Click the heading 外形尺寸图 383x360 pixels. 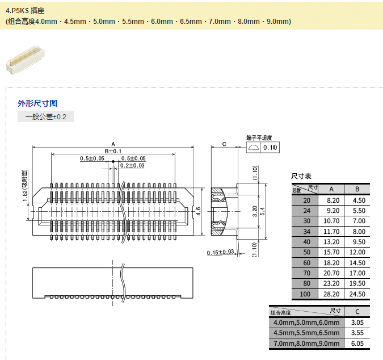point(37,103)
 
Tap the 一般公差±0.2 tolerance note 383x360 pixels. point(45,117)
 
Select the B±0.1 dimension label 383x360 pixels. point(113,151)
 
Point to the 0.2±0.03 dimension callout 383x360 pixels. point(132,165)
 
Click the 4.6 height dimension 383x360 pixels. point(199,211)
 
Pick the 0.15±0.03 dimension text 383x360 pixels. point(221,252)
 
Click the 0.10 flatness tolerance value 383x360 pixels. point(270,148)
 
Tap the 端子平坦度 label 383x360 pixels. point(260,138)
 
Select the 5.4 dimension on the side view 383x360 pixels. point(262,211)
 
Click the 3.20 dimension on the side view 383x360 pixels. point(254,211)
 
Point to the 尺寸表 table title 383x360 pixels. point(301,177)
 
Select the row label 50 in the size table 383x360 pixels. point(307,252)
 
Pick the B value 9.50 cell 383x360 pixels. point(357,241)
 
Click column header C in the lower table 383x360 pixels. point(357,312)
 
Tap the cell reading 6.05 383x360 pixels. point(357,344)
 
